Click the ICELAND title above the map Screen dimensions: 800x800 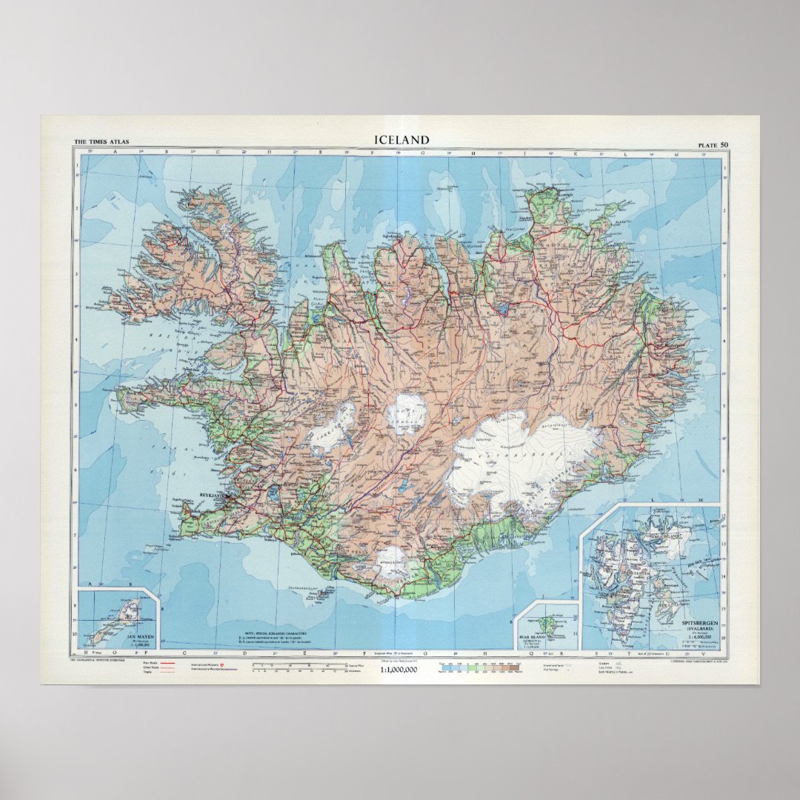[401, 140]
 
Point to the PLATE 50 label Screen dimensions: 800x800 [712, 143]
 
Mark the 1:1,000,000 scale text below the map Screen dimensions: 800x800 [399, 670]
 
